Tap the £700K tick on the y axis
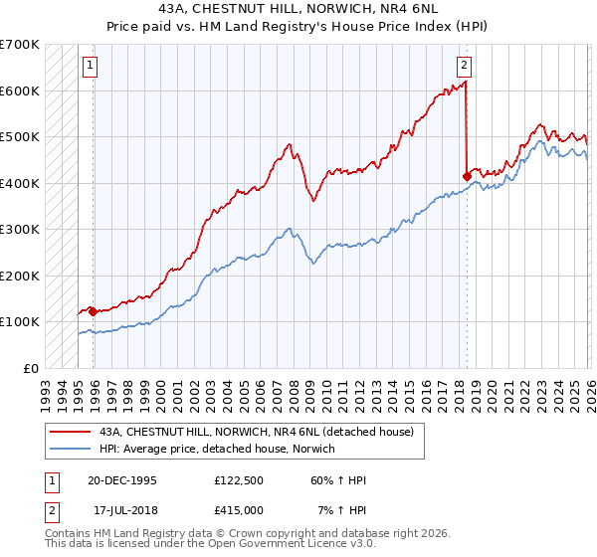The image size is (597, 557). click(20, 45)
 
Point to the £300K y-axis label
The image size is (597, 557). click(20, 230)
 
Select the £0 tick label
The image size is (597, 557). click(31, 368)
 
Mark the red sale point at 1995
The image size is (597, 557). click(94, 311)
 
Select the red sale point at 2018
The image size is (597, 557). click(467, 176)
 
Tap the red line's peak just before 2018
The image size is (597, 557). click(466, 84)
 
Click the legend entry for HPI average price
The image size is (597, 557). click(216, 449)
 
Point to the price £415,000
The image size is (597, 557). click(239, 509)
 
